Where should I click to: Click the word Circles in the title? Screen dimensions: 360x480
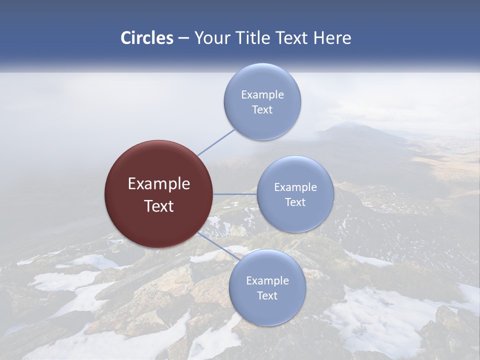coord(147,38)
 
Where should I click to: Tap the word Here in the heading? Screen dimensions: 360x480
coord(332,38)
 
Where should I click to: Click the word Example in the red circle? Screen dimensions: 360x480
coord(159,184)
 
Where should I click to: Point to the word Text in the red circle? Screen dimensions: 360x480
coord(159,206)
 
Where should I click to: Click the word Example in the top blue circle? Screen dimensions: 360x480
coord(262,94)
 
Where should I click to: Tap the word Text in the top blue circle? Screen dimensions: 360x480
coord(262,109)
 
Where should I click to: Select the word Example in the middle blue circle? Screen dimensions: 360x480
coord(295,187)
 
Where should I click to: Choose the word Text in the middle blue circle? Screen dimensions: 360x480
coord(295,202)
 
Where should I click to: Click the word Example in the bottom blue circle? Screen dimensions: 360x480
coord(267,280)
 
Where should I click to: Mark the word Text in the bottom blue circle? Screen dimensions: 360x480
coord(267,295)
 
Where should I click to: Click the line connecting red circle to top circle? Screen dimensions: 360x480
coord(216,142)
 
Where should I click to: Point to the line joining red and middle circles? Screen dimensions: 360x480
coord(235,194)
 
